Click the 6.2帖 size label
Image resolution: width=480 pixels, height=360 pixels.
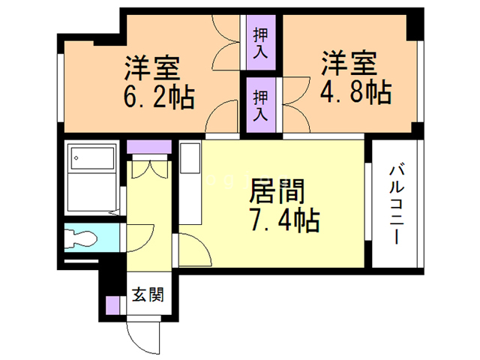159,97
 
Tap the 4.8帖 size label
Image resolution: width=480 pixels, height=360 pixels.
355,91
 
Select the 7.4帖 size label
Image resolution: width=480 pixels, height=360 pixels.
285,220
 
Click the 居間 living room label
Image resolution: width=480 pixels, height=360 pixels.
277,191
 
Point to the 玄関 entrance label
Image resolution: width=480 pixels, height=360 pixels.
148,294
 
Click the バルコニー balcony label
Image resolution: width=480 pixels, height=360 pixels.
397,205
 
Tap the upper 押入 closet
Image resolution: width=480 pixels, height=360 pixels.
261,43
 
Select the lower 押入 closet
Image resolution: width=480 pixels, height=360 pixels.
261,105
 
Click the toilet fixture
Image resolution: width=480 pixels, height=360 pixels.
81,238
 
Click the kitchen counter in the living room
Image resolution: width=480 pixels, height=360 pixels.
190,182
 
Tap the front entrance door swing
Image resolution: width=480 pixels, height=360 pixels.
143,337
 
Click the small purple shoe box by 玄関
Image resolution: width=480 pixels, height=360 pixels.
112,305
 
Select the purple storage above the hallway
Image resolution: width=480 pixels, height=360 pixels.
149,147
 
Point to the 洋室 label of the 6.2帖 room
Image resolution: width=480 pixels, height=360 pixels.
151,67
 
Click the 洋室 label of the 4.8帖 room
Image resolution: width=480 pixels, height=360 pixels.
349,63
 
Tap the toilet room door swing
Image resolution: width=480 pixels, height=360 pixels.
140,238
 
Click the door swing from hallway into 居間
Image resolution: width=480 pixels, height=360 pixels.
195,250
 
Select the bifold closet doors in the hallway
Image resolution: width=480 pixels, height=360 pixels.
150,169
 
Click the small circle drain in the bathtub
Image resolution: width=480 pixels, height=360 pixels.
76,158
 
